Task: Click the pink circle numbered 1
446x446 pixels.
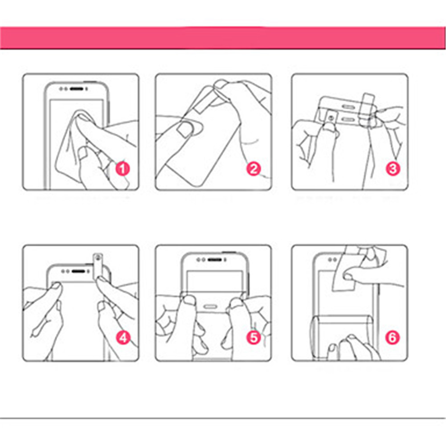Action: [x=123, y=169]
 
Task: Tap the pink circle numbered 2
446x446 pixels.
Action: [x=254, y=169]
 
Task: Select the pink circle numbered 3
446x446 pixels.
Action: [x=393, y=169]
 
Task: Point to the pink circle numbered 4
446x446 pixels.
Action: [x=123, y=338]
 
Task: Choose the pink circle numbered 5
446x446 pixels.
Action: [x=254, y=338]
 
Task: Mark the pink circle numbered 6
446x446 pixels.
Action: [x=393, y=338]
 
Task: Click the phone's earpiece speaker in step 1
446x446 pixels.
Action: [x=77, y=89]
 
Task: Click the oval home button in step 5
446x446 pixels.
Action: [x=211, y=307]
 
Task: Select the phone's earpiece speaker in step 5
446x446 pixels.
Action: [x=214, y=260]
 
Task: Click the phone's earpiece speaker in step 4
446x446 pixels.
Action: [x=78, y=271]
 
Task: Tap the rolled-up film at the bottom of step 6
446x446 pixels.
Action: [x=341, y=337]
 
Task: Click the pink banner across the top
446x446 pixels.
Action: [x=223, y=38]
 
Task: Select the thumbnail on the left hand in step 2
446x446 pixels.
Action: [x=185, y=129]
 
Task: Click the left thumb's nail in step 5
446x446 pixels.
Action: [x=188, y=300]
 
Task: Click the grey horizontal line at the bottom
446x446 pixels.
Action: [x=223, y=418]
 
